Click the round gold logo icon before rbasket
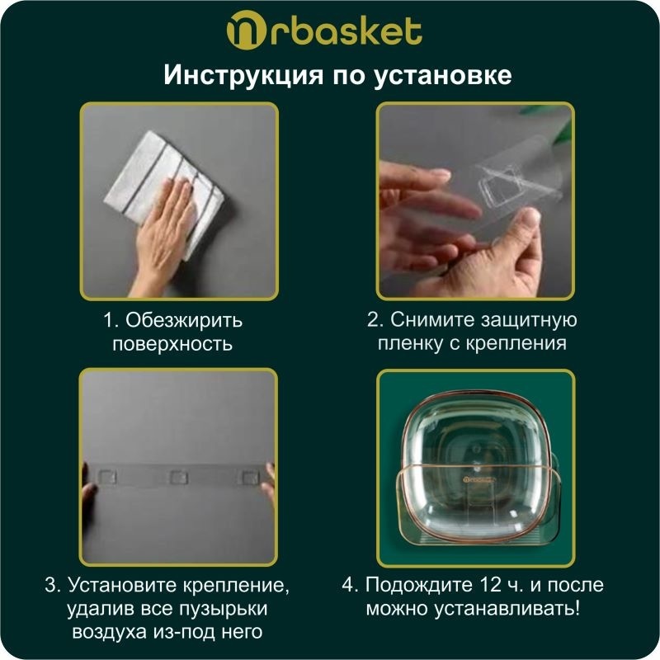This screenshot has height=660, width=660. pos(246,31)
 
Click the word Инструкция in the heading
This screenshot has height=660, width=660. pos(243,75)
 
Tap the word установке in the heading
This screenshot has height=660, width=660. pos(443,76)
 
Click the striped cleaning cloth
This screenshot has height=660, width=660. pos(164,191)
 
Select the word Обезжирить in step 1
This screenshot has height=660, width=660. pos(184,320)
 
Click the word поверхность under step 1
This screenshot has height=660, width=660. pos(172,344)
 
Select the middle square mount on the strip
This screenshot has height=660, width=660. pos(179,478)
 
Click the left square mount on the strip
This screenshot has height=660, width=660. pos(106,477)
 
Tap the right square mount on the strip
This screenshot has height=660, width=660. pos(251,478)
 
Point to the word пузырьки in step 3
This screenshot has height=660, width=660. pos(223,609)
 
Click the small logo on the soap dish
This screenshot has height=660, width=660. pos(480,479)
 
